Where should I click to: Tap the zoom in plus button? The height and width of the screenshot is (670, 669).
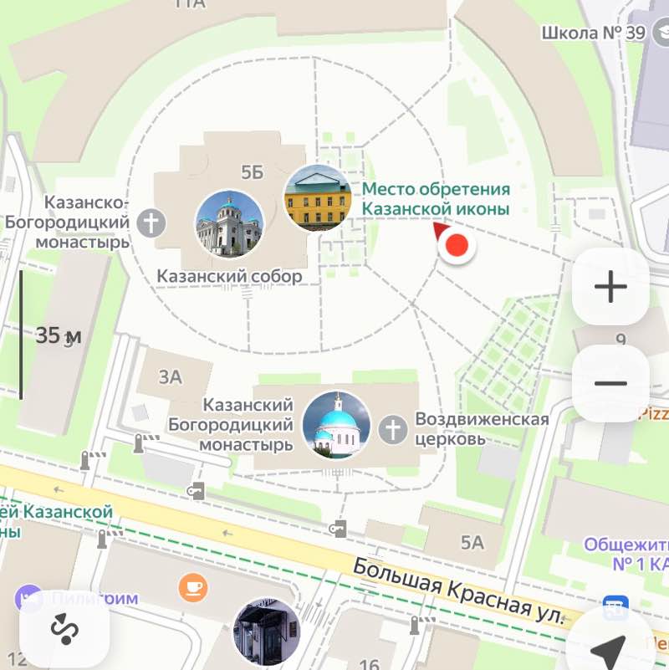610,287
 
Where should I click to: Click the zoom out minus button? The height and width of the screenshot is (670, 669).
610,383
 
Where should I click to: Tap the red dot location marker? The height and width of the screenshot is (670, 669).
457,247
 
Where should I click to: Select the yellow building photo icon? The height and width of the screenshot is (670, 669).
318,197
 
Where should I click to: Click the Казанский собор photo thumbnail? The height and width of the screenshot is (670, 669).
229,224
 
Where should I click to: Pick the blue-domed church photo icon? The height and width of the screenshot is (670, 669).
336,425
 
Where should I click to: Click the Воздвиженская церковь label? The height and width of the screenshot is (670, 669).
483,428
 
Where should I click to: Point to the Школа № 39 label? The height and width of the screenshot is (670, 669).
593,33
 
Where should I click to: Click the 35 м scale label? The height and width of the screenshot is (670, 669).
59,336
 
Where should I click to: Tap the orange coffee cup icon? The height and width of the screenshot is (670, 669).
193,587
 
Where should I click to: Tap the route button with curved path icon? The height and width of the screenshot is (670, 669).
64,627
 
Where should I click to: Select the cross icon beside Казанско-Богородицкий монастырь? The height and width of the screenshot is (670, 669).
152,222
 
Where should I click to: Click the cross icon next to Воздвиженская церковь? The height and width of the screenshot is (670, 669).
392,430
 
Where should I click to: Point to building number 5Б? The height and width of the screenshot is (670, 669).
252,173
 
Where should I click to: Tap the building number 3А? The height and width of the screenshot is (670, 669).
171,377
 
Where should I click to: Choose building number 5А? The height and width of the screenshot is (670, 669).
472,543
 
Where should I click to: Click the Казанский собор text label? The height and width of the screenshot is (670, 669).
230,276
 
